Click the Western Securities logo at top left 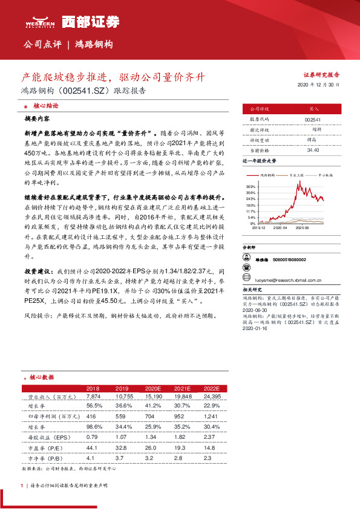pos(40,23)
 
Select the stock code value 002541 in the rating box pos(313,120)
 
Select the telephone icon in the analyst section pos(246,269)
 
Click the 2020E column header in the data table pos(154,388)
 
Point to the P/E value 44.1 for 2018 pos(93,447)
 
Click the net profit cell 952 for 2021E pos(183,417)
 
